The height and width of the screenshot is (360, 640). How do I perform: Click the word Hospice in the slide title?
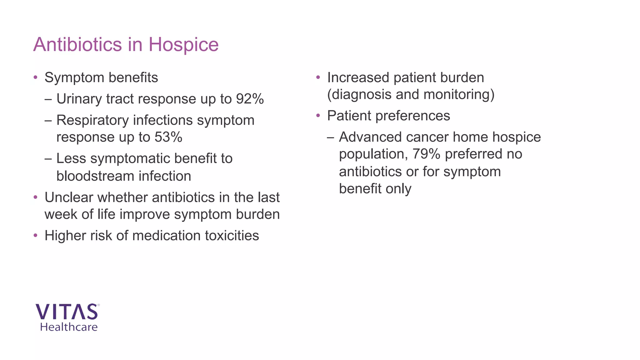pyautogui.click(x=183, y=45)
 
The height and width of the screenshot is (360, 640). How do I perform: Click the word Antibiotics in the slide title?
pyautogui.click(x=77, y=45)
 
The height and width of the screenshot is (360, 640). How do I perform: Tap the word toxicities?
pyautogui.click(x=231, y=236)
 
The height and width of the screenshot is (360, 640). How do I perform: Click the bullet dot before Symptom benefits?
pyautogui.click(x=36, y=77)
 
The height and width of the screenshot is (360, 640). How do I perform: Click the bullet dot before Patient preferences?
pyautogui.click(x=318, y=116)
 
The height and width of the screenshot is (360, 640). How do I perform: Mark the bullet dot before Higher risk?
pyautogui.click(x=36, y=235)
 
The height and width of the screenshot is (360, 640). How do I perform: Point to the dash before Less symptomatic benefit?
pyautogui.click(x=48, y=159)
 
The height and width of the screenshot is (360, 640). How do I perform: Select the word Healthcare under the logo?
pyautogui.click(x=69, y=327)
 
